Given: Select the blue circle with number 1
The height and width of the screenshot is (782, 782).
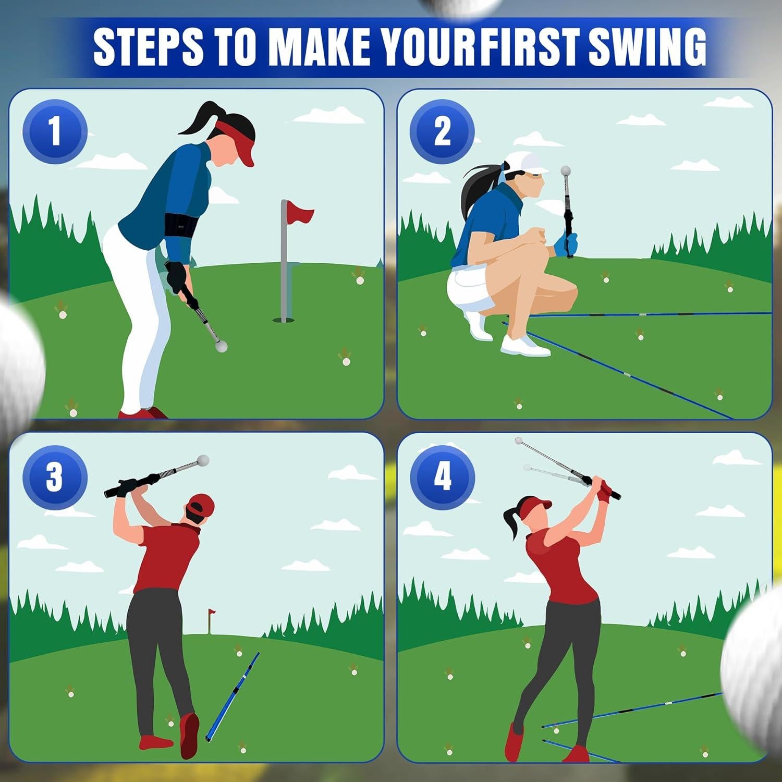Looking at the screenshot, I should pyautogui.click(x=55, y=132).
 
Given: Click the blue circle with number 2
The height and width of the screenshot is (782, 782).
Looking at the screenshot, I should pyautogui.click(x=442, y=132).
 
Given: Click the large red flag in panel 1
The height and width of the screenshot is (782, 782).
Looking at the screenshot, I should pyautogui.click(x=301, y=214).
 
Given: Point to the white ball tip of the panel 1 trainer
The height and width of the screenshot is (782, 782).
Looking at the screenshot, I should pyautogui.click(x=222, y=346).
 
